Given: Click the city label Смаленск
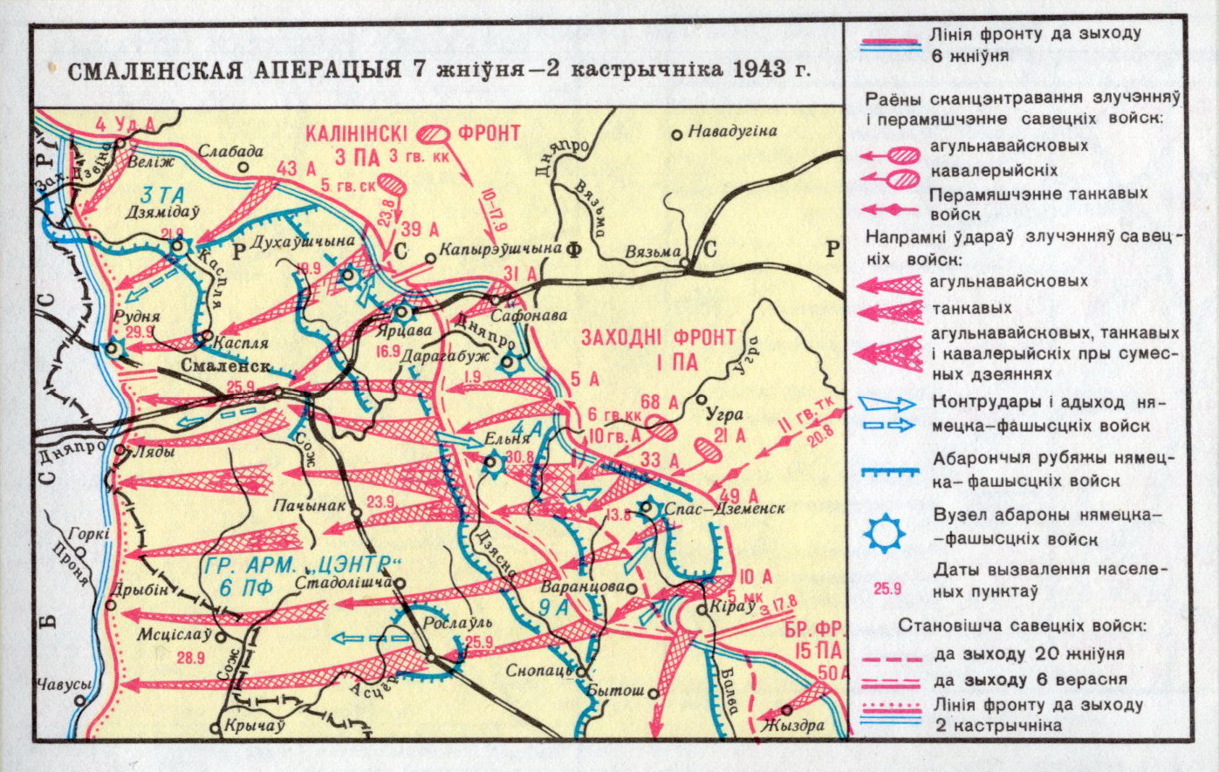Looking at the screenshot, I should (x=226, y=366).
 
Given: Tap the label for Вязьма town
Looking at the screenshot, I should (x=653, y=251).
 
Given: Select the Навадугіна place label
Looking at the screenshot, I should (x=732, y=132).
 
